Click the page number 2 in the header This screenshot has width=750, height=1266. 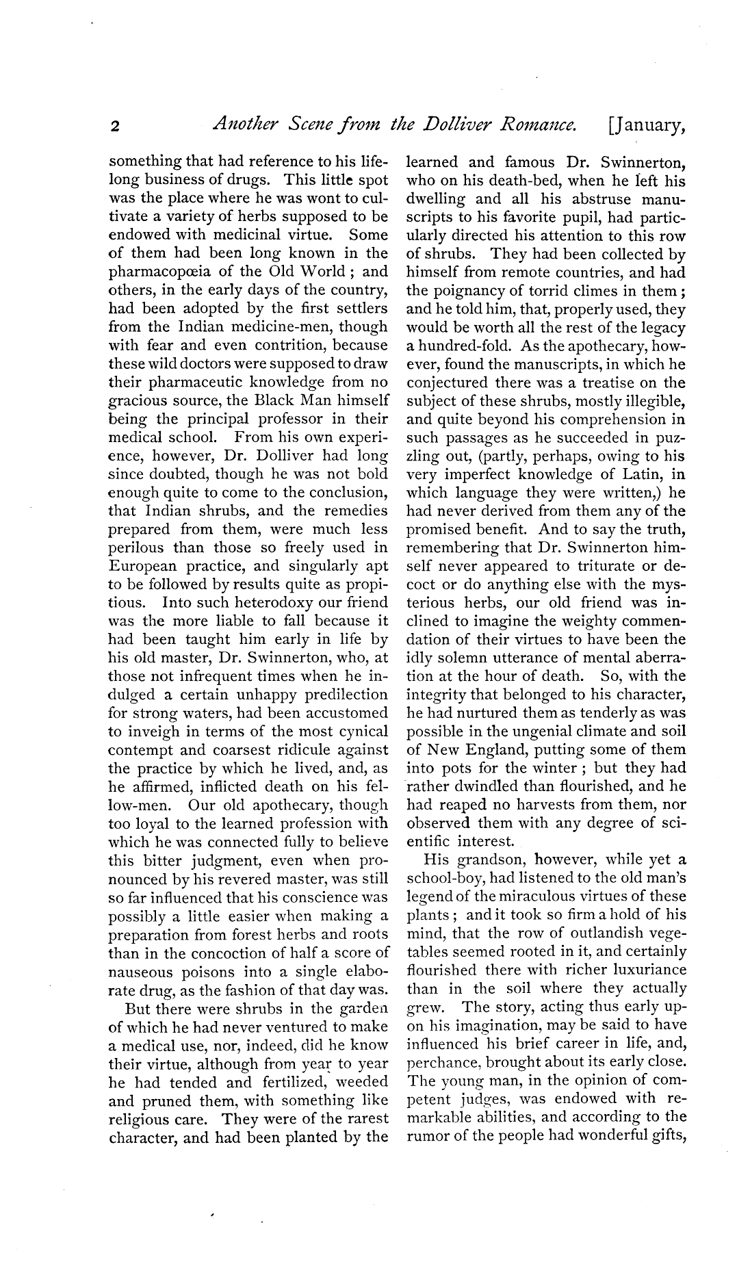[x=116, y=126]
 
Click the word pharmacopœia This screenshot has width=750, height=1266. [x=163, y=272]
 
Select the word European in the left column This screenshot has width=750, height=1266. [x=144, y=566]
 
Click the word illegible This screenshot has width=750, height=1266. [x=653, y=401]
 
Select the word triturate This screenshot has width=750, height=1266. [x=586, y=566]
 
